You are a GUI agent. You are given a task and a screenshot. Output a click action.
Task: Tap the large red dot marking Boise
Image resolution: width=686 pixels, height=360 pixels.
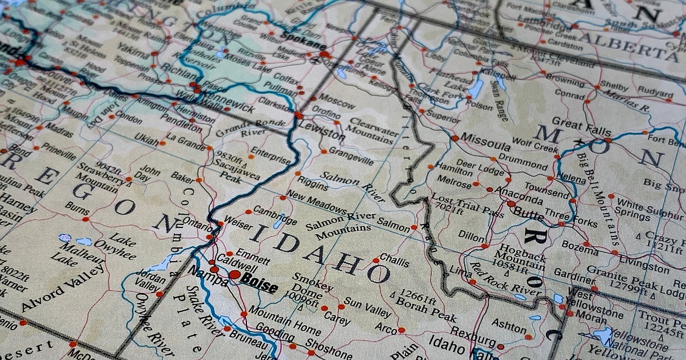click(x=234, y=274)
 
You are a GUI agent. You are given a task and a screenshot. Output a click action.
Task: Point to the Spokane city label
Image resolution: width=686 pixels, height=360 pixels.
click(x=304, y=45)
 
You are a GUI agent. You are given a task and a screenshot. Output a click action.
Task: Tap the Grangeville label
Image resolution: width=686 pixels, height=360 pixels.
click(x=350, y=156)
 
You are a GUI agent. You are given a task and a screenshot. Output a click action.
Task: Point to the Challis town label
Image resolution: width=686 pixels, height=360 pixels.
click(x=394, y=260)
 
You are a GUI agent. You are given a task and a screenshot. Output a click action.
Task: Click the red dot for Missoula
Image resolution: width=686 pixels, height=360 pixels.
click(x=454, y=138)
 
